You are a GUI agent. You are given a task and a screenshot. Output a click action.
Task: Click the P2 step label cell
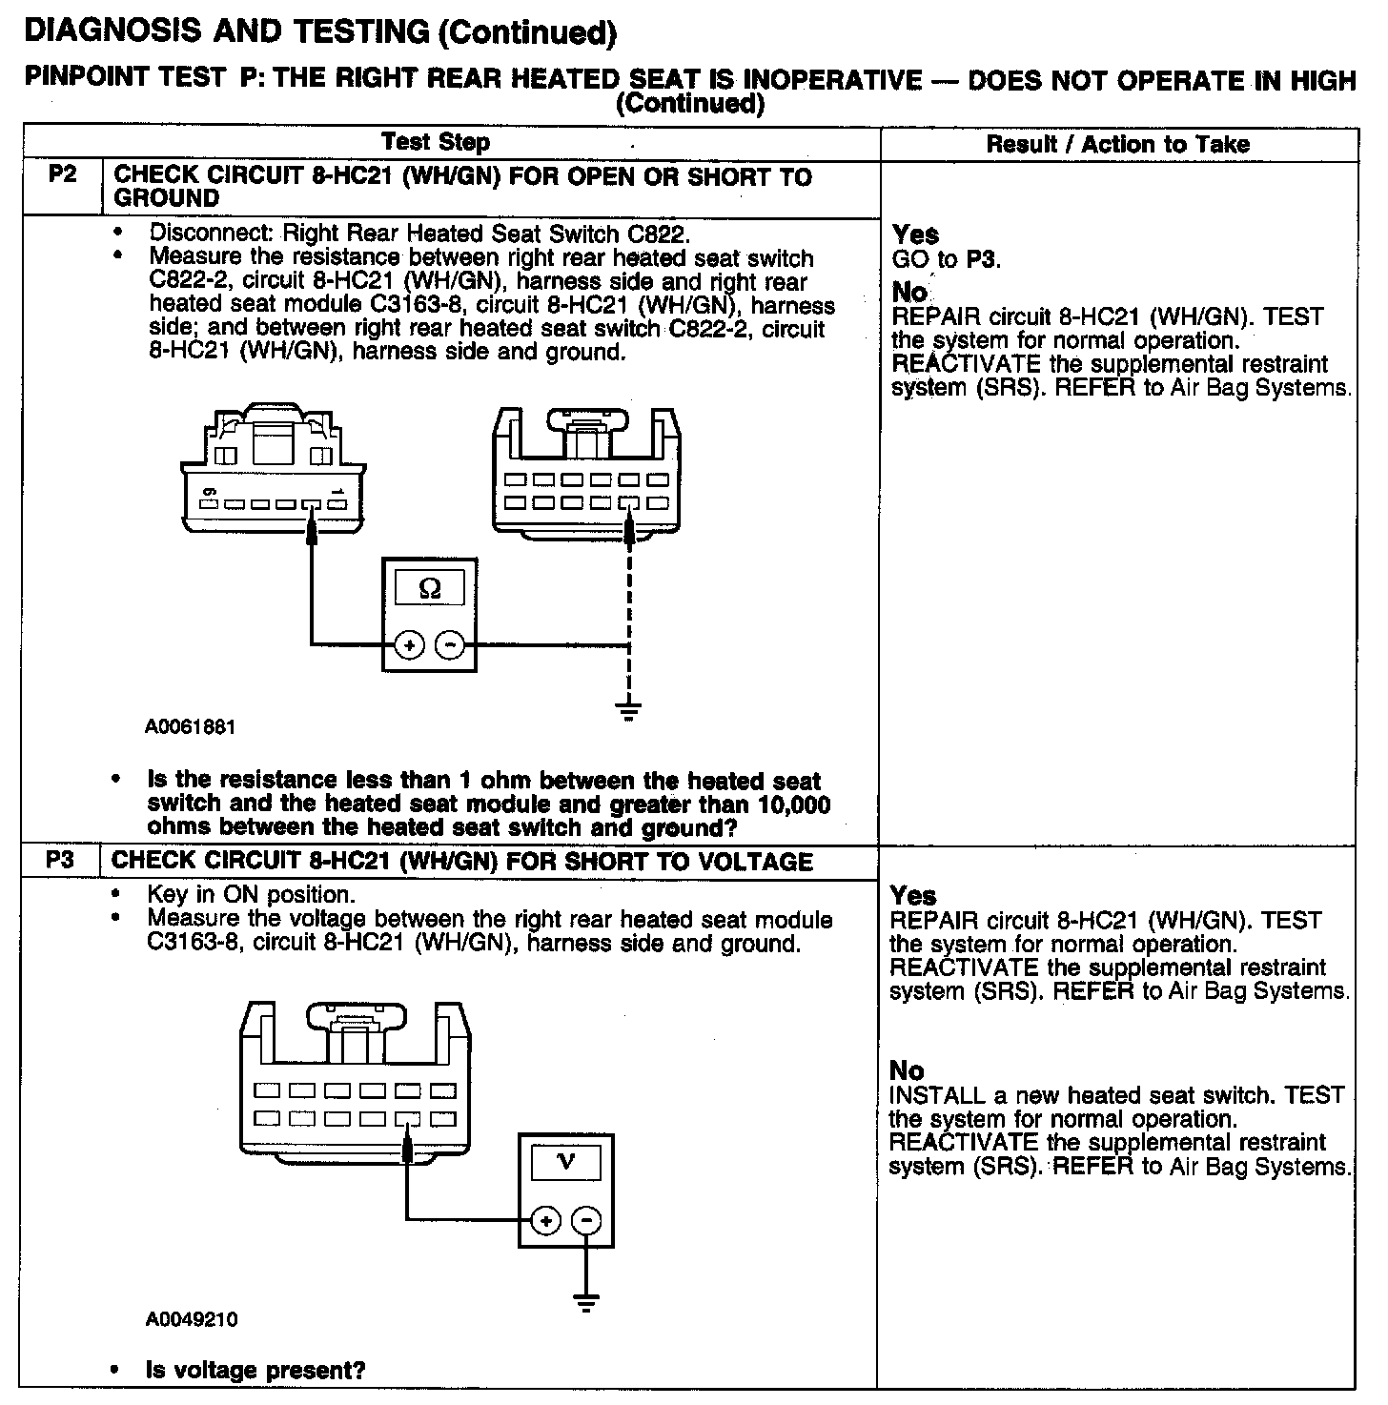point(61,176)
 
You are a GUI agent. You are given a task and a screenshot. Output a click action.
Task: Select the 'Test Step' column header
point(436,143)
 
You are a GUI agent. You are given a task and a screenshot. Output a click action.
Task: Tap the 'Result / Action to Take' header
point(1117,145)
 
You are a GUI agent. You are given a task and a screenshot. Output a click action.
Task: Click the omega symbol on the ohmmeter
point(430,589)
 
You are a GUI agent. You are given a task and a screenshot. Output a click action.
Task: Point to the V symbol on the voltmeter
point(565,1162)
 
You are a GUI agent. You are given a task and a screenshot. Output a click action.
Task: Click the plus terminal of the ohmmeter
point(409,645)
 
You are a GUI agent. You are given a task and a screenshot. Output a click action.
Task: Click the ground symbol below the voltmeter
point(586,1301)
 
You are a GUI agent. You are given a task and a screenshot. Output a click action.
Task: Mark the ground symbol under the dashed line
point(628,710)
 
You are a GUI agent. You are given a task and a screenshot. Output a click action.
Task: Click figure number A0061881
point(190,727)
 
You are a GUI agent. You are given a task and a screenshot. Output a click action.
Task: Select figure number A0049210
point(192,1319)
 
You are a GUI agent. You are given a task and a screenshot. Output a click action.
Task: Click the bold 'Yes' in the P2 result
point(915,234)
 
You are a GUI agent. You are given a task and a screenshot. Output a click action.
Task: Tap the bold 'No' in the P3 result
point(907,1070)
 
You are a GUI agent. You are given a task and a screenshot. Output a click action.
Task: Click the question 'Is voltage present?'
point(255,1371)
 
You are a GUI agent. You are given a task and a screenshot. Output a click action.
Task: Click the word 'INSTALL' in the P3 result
point(935,1096)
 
